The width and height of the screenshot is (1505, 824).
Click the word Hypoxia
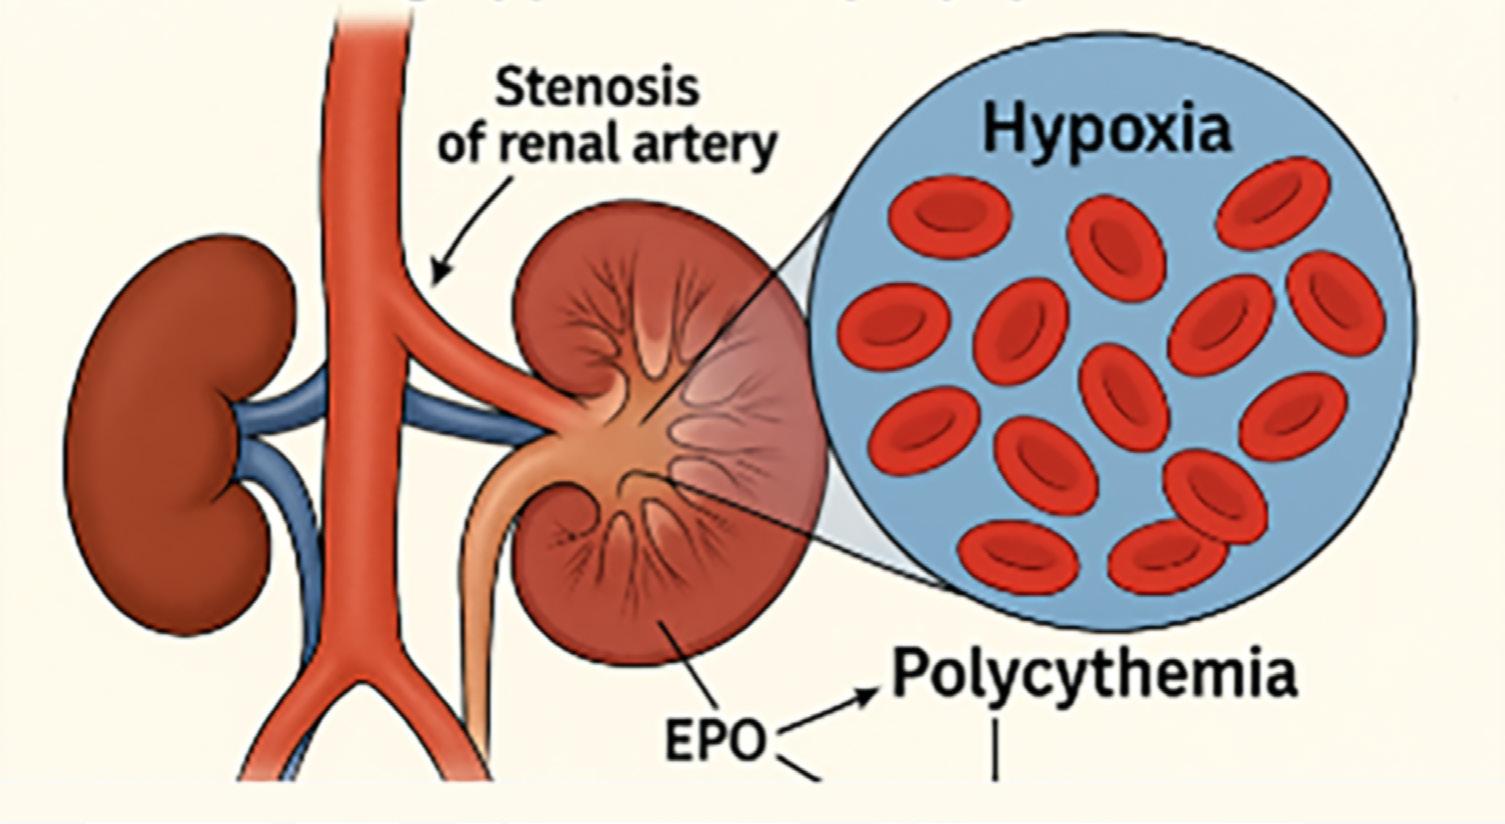1106,129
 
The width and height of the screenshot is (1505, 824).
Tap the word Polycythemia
1094,674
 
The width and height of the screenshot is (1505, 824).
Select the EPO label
716,741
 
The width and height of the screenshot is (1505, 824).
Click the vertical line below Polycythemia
995,746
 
